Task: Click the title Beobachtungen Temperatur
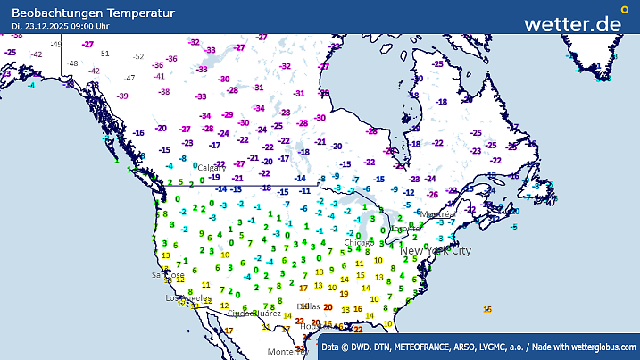coord(87,13)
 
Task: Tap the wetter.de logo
coord(572,23)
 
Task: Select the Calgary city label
coord(212,167)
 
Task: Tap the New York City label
coord(435,251)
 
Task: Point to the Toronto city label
coord(404,229)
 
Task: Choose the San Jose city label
coord(168,275)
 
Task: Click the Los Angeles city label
coord(188,298)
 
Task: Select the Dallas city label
coord(308,306)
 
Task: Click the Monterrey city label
coord(287,352)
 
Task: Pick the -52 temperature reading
coord(137,56)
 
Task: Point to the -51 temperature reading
coord(104,53)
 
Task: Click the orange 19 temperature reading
coord(344,293)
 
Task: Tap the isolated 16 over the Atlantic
coord(487,309)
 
